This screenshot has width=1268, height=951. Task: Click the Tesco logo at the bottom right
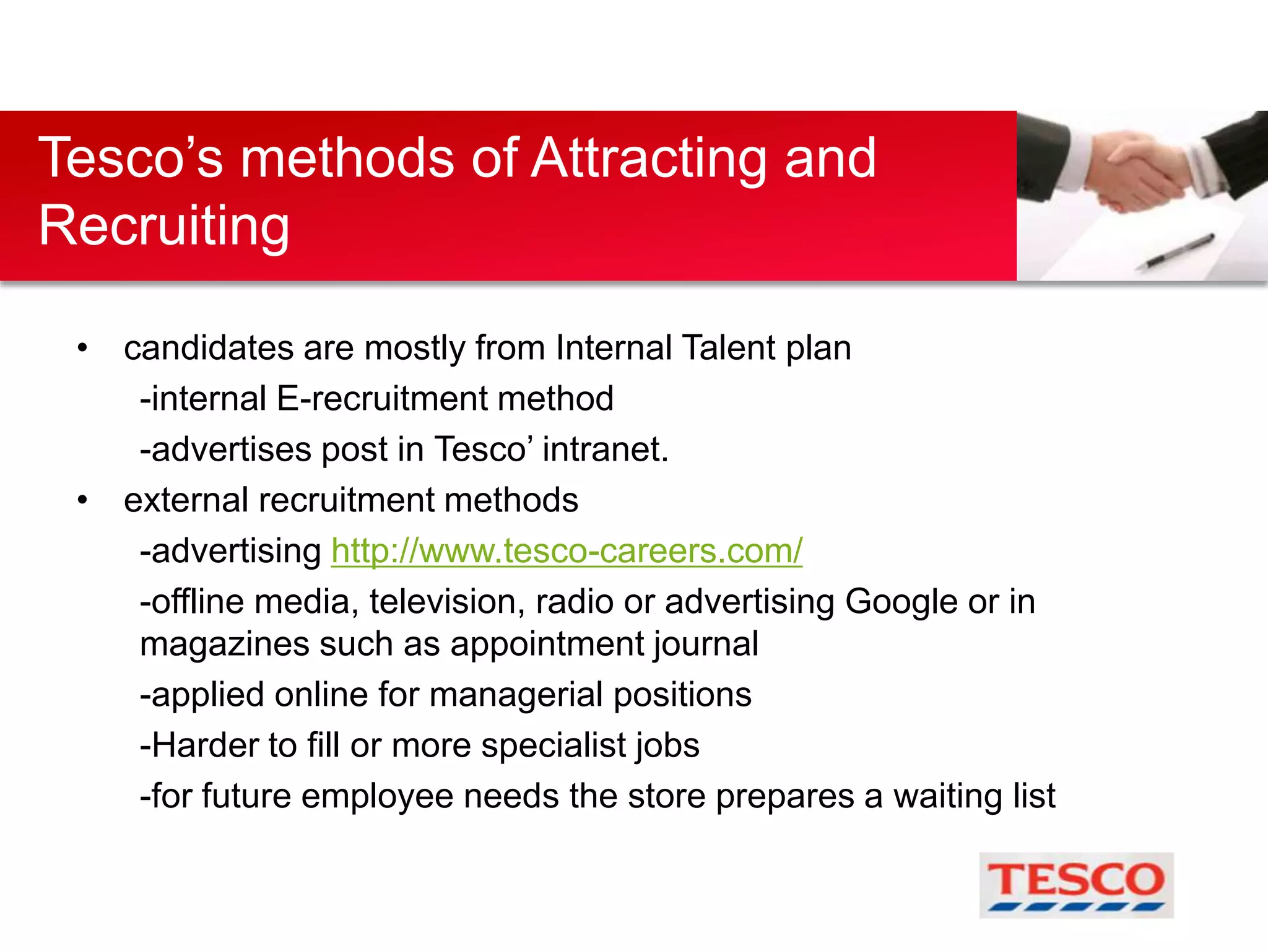pos(1076,885)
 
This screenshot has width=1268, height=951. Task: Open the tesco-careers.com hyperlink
pos(567,550)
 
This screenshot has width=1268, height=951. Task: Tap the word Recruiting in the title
pos(164,226)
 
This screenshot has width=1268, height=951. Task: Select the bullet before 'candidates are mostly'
pos(82,349)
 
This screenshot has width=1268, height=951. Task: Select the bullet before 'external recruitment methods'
pos(82,500)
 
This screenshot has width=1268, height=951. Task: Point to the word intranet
pos(605,449)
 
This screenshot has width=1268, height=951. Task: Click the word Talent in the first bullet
pos(728,347)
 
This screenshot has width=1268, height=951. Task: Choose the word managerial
pos(516,695)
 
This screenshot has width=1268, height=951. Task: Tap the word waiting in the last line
pos(948,796)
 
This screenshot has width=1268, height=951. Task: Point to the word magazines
pos(224,645)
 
